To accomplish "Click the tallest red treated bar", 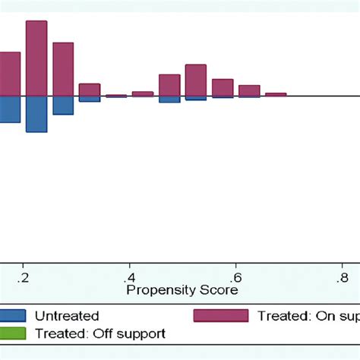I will tap(36, 58).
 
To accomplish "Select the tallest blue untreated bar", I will tap(36, 114).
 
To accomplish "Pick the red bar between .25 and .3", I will tap(63, 69).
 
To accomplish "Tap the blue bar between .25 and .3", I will tap(63, 105).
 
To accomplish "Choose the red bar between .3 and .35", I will tap(90, 90).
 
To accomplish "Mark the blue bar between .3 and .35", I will tap(90, 99).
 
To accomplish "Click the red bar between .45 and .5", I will tap(169, 85).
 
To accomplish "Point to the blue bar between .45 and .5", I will tap(169, 99).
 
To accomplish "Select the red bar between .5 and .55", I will tap(196, 80).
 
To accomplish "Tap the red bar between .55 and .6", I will tap(223, 87).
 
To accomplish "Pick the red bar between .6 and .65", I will tap(249, 90).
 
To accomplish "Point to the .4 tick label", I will tap(130, 276).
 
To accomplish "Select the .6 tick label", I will tap(236, 276).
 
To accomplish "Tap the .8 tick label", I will tap(343, 276).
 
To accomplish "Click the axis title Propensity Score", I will tap(182, 290).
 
